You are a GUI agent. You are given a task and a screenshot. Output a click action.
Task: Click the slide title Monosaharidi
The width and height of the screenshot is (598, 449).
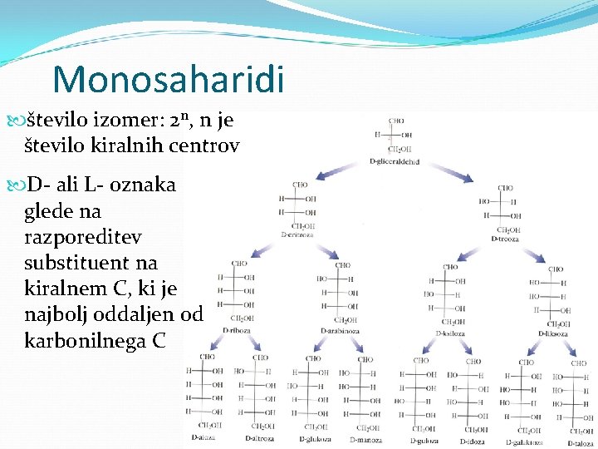click(x=168, y=79)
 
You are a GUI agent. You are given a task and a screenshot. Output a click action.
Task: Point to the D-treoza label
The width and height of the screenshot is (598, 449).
click(x=505, y=239)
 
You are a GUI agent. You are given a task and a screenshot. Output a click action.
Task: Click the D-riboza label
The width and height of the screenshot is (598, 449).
click(x=237, y=329)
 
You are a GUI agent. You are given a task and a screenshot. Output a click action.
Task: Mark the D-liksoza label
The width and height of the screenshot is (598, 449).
click(x=553, y=333)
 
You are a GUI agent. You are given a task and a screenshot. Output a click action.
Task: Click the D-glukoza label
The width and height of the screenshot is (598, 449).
click(x=316, y=439)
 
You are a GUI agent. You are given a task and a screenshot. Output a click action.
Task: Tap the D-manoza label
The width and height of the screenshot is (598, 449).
click(x=365, y=439)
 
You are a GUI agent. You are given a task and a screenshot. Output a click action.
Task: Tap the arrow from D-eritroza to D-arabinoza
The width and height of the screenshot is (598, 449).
click(x=330, y=251)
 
